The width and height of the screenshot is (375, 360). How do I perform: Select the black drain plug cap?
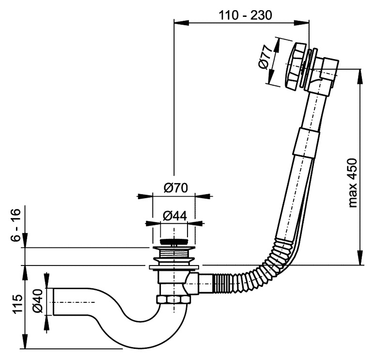point(173,241)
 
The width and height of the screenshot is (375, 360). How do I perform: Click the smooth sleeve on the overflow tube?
point(306,143)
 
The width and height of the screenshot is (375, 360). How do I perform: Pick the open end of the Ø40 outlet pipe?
point(54,302)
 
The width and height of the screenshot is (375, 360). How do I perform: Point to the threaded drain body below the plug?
point(173,254)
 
